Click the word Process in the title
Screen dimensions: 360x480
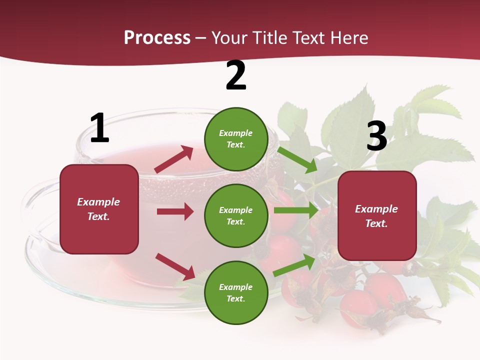coord(157,38)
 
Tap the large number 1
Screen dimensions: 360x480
coord(99,128)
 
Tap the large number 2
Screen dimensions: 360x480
coord(236,75)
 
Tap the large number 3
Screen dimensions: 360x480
coord(377,136)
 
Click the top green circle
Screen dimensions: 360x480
coord(236,138)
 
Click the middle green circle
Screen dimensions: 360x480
coord(236,215)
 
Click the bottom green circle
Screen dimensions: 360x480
coord(236,292)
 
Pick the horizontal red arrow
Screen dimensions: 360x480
coord(175,211)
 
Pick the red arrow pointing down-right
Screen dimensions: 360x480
coord(175,266)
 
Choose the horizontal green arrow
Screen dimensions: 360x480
coord(295,210)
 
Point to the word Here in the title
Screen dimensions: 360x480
coord(349,38)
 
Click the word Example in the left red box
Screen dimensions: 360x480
coord(98,202)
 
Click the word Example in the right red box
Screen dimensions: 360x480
coord(376,209)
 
